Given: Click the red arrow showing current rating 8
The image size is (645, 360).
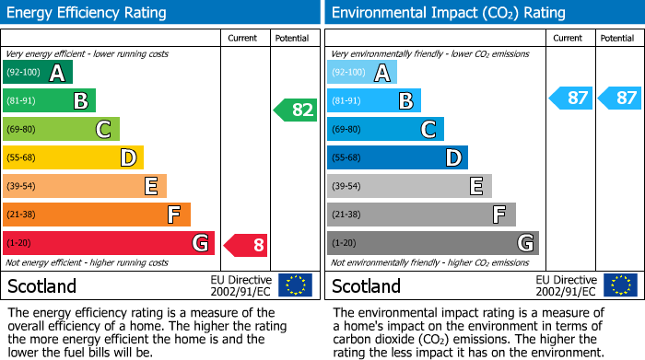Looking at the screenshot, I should (246, 244).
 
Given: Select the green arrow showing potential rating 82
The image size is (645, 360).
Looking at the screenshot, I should (295, 110).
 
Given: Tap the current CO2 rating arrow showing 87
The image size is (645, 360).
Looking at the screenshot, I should (570, 98).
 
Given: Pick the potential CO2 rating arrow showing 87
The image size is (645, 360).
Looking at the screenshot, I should (618, 98).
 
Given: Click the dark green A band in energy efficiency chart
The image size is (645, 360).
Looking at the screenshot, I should (37, 73).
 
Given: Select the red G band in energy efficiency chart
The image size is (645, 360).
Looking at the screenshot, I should (108, 244).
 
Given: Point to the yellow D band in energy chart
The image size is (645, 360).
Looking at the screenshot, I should (73, 158).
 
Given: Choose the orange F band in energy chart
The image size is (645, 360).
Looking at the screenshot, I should (96, 215).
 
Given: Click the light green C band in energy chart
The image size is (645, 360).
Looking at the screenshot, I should (61, 130).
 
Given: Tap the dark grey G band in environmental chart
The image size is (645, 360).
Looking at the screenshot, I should (432, 244).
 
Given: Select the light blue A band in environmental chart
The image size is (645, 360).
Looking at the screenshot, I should (361, 73).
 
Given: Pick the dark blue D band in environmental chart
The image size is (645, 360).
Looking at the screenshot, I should (397, 158).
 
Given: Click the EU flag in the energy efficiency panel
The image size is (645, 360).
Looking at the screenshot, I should (295, 285).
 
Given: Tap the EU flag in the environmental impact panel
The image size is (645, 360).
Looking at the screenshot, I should (620, 285).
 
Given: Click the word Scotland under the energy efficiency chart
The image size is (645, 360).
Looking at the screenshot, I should (42, 286).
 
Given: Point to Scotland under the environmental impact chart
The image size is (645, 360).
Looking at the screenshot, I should (367, 286).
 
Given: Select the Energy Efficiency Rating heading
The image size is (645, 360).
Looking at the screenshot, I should (87, 13).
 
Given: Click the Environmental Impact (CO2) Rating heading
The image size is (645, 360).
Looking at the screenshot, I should (448, 13).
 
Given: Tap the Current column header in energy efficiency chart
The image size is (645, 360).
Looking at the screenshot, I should (244, 39).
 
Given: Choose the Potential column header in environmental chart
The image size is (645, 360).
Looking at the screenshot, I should (617, 39).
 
